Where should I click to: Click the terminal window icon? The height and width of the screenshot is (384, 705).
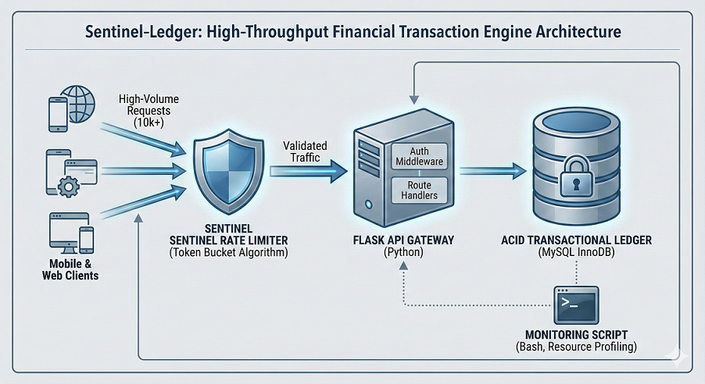[x=575, y=304]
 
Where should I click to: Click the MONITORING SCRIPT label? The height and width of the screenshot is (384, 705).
[x=576, y=334]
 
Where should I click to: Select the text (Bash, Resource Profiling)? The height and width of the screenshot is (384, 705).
[x=576, y=347]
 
